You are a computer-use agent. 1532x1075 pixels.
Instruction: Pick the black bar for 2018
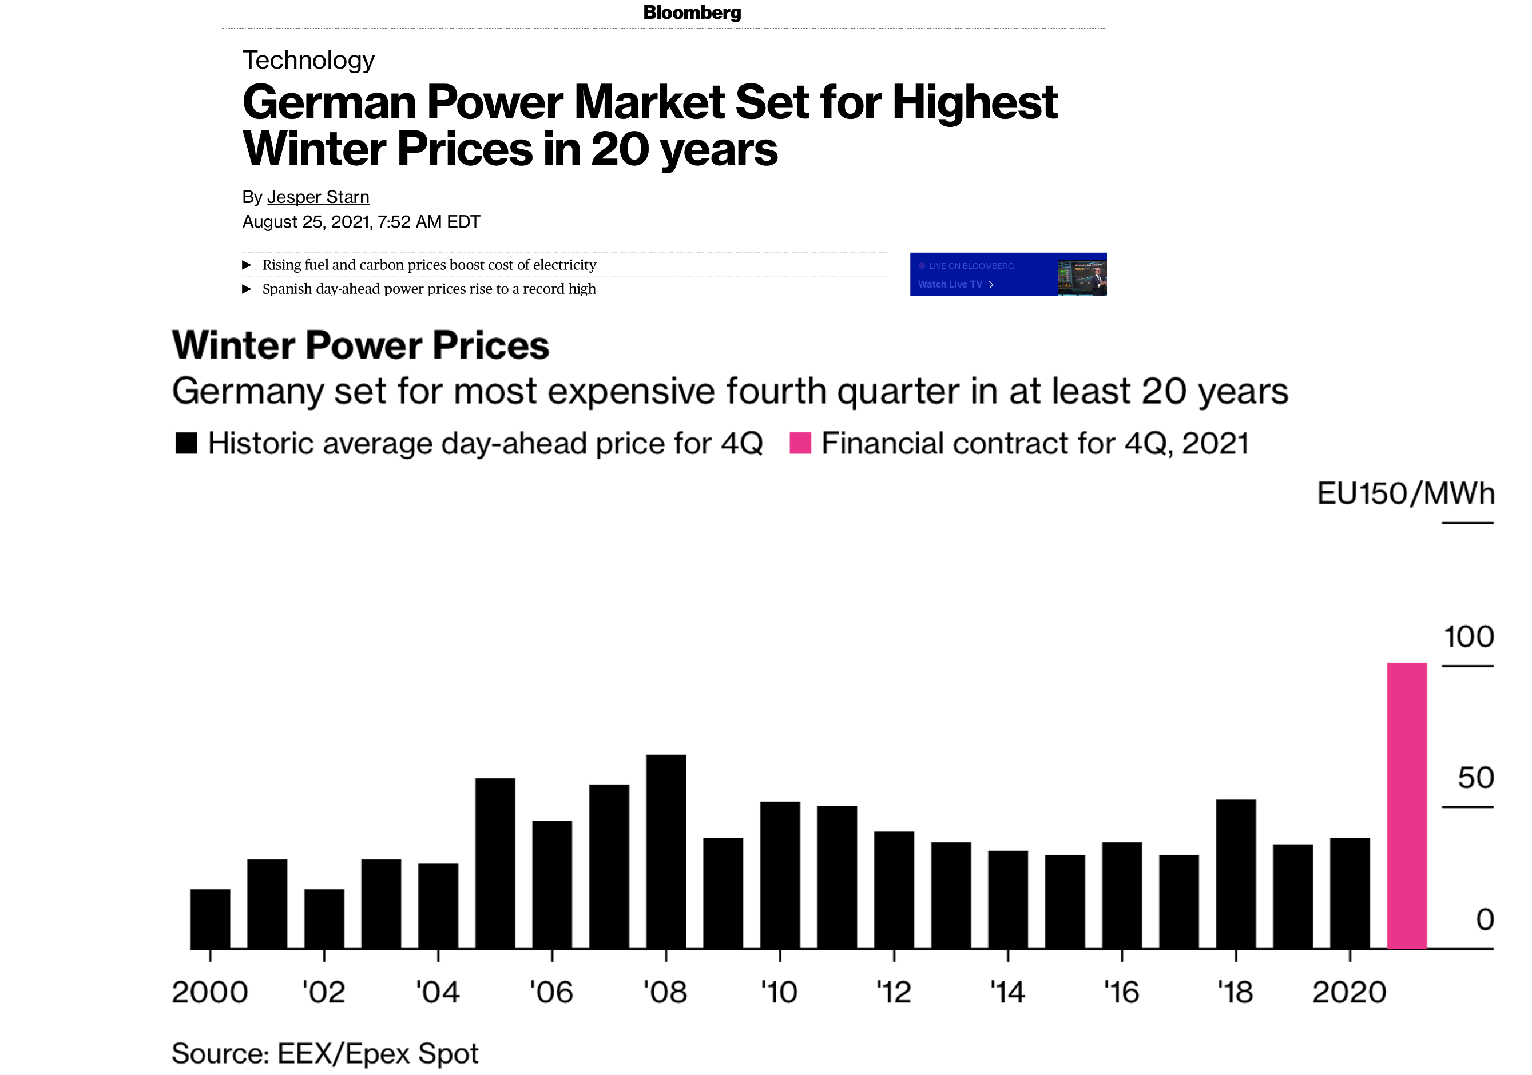pyautogui.click(x=1235, y=874)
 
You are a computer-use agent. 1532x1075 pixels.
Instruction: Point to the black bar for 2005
pyautogui.click(x=495, y=863)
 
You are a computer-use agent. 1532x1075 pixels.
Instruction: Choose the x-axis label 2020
pyautogui.click(x=1349, y=992)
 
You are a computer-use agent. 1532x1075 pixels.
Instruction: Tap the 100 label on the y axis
pyautogui.click(x=1469, y=637)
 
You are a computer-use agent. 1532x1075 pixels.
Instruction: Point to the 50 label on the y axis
pyautogui.click(x=1475, y=778)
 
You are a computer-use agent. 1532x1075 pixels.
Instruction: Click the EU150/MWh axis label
pyautogui.click(x=1405, y=494)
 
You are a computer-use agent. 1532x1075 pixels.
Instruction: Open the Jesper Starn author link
pyautogui.click(x=317, y=197)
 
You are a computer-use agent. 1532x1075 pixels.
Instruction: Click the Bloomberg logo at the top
pyautogui.click(x=692, y=13)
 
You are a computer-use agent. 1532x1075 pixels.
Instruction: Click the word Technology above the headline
pyautogui.click(x=308, y=61)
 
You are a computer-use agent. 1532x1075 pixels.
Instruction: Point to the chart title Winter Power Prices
pyautogui.click(x=360, y=345)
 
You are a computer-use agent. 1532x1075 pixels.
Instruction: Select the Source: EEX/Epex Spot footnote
pyautogui.click(x=325, y=1054)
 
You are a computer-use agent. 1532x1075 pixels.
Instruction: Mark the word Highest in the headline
pyautogui.click(x=974, y=103)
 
